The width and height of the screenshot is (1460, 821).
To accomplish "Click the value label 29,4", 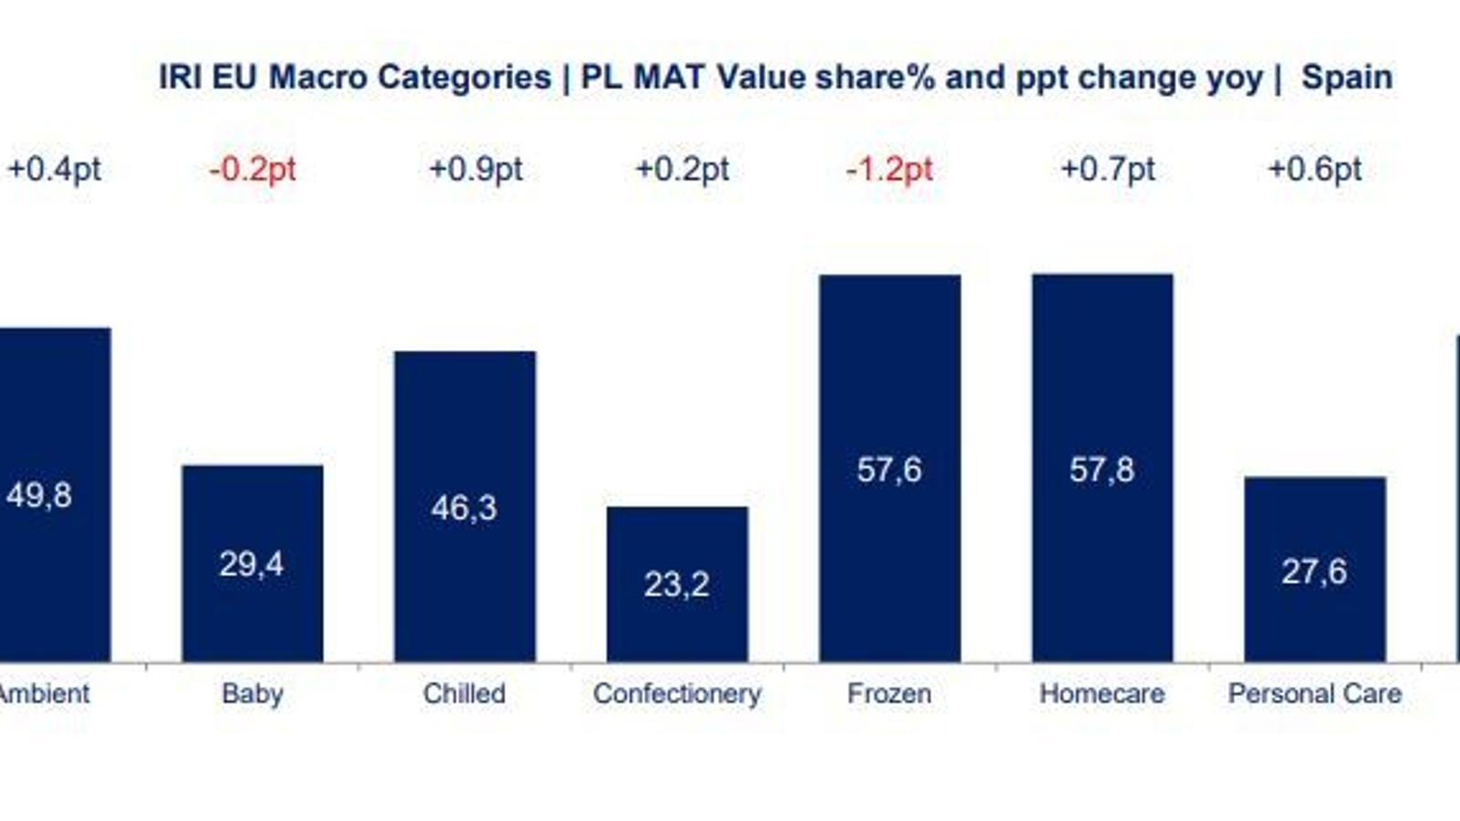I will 251,565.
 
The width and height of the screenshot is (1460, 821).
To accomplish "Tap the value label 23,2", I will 676,584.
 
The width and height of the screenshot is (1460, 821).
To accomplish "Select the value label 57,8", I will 1101,470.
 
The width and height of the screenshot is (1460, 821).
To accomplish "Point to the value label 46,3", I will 464,507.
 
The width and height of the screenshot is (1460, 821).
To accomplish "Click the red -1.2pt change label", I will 890,170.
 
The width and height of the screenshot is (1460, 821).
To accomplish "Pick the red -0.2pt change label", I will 253,170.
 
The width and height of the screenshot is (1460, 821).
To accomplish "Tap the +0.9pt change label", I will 475,170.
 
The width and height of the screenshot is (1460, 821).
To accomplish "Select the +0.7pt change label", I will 1108,170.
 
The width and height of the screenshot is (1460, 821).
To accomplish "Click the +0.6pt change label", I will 1315,170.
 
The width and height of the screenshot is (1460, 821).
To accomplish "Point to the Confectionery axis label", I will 677,693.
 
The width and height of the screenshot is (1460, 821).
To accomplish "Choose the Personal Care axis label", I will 1315,693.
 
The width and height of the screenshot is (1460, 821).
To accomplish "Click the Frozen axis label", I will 890,693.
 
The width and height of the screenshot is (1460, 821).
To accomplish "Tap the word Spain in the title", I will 1347,78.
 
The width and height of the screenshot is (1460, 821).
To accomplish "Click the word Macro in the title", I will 318,78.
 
